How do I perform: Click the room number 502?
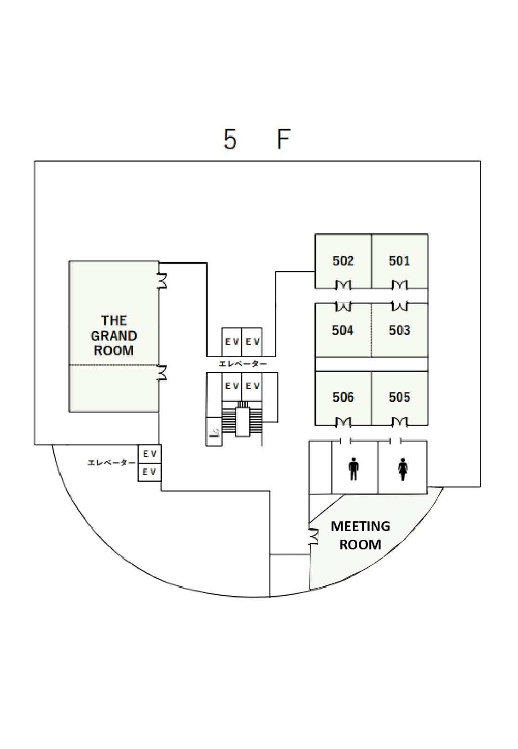point(343,261)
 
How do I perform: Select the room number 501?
point(399,261)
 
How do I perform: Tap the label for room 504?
point(343,330)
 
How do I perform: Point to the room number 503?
point(399,330)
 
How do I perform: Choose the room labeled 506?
point(343,397)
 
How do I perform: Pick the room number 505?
point(399,397)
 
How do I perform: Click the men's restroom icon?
point(354,468)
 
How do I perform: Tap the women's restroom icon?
point(402,469)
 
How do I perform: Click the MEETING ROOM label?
point(360,535)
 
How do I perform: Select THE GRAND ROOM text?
point(114,335)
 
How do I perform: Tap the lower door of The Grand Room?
point(162,372)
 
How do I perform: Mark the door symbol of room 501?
point(399,285)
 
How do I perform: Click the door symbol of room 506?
point(343,422)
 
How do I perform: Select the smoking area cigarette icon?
point(214,432)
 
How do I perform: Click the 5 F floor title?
point(257,139)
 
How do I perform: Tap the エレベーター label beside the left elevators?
point(112,462)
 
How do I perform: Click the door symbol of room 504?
point(343,306)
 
